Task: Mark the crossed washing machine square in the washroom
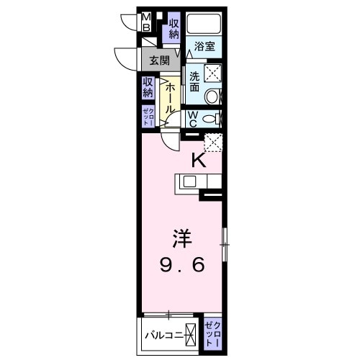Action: coord(212,71)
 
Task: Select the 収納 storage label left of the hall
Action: coord(148,87)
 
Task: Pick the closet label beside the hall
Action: coord(147,116)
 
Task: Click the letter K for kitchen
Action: coord(199,161)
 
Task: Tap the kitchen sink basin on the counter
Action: coord(189,182)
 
